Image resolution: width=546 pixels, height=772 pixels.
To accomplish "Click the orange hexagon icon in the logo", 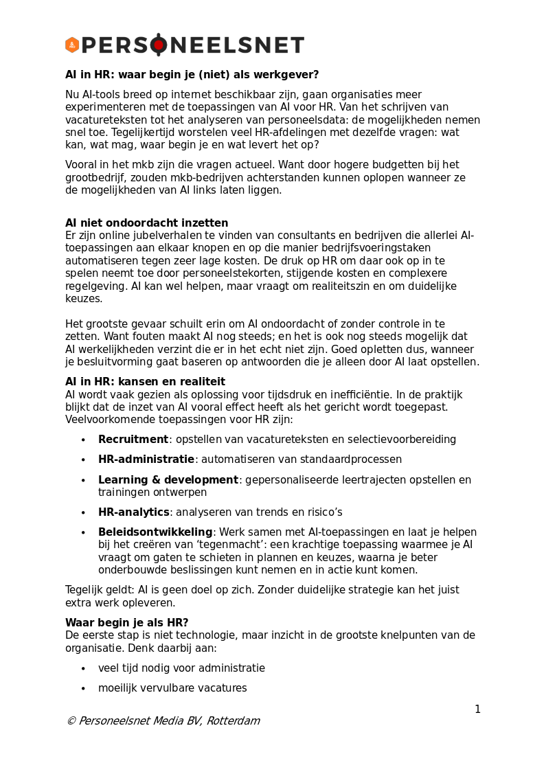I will point(72,45).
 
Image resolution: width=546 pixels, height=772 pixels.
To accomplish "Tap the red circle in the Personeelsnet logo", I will point(159,45).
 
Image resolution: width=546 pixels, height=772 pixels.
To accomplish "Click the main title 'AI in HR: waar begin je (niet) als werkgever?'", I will point(192,75).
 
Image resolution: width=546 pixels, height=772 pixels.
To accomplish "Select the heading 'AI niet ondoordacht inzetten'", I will point(146,223).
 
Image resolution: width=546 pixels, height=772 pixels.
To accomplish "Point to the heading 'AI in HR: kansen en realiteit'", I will point(145,382).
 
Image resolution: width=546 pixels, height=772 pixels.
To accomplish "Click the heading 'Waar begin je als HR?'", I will point(126,623).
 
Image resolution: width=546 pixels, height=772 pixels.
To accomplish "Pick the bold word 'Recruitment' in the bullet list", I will point(133,440).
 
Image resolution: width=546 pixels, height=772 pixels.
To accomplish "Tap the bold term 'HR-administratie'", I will point(146,459).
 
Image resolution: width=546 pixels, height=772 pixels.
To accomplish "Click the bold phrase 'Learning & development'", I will point(168,480).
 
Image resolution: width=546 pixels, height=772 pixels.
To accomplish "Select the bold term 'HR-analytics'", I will point(134,512).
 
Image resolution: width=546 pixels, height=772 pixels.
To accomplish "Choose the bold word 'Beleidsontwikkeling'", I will point(155,532).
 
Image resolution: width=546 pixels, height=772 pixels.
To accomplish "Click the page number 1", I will point(477,709).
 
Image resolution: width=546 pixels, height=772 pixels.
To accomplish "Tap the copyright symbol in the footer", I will point(71,721).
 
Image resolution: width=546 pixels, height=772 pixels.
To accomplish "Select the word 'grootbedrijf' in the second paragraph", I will point(95,177).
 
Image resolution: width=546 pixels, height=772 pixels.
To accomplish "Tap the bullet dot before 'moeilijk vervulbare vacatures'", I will point(83,689).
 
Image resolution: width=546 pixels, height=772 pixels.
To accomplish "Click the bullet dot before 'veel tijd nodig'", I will point(83,669).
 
